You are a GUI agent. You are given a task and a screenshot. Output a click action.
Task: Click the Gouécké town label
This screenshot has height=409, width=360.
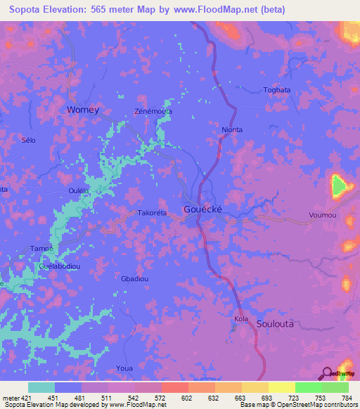204,209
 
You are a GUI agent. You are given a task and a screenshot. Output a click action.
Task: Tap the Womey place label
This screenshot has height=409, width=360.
82,110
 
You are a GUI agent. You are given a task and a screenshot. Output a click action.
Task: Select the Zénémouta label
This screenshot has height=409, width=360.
153,112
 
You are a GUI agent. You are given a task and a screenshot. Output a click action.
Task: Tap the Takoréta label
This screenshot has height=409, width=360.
151,213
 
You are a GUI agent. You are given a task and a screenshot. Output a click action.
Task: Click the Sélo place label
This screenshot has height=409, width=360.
28,140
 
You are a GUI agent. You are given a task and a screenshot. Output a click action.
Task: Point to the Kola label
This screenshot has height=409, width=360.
241,320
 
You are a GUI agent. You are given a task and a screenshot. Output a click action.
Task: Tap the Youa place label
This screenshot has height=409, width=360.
124,368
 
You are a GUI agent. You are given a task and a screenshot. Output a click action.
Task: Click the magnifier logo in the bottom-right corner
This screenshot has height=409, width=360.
326,375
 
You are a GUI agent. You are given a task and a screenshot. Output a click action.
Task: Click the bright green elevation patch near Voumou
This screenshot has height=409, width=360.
339,186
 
